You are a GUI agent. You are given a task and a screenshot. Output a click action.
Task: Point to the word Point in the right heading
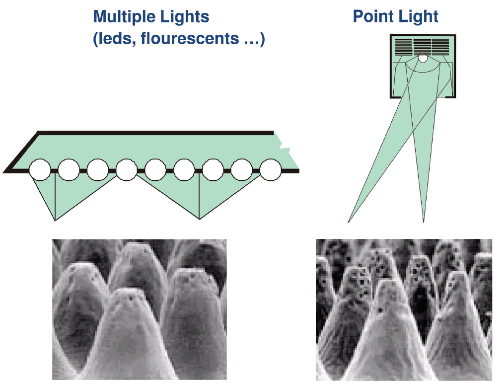pyautogui.click(x=371, y=16)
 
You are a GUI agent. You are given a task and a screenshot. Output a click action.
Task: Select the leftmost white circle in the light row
pyautogui.click(x=40, y=170)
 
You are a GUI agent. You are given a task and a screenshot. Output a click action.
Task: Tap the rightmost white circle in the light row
pyautogui.click(x=271, y=170)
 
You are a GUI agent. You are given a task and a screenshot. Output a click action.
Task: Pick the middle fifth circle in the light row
pyautogui.click(x=155, y=170)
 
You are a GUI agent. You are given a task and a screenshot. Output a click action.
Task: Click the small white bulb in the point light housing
pyautogui.click(x=422, y=59)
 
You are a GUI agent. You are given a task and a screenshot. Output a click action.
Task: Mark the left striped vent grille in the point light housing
pyautogui.click(x=404, y=47)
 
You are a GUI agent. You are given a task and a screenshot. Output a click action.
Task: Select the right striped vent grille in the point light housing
pyautogui.click(x=440, y=47)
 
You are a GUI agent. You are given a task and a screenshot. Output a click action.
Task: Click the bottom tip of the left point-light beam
pyautogui.click(x=349, y=222)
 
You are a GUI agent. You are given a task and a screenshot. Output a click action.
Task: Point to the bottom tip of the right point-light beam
pyautogui.click(x=424, y=222)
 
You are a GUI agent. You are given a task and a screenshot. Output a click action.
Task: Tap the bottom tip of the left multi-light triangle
pyautogui.click(x=55, y=220)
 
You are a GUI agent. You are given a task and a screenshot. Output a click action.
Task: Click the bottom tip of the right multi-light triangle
pyautogui.click(x=199, y=219)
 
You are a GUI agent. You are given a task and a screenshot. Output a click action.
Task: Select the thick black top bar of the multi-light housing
pyautogui.click(x=155, y=133)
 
